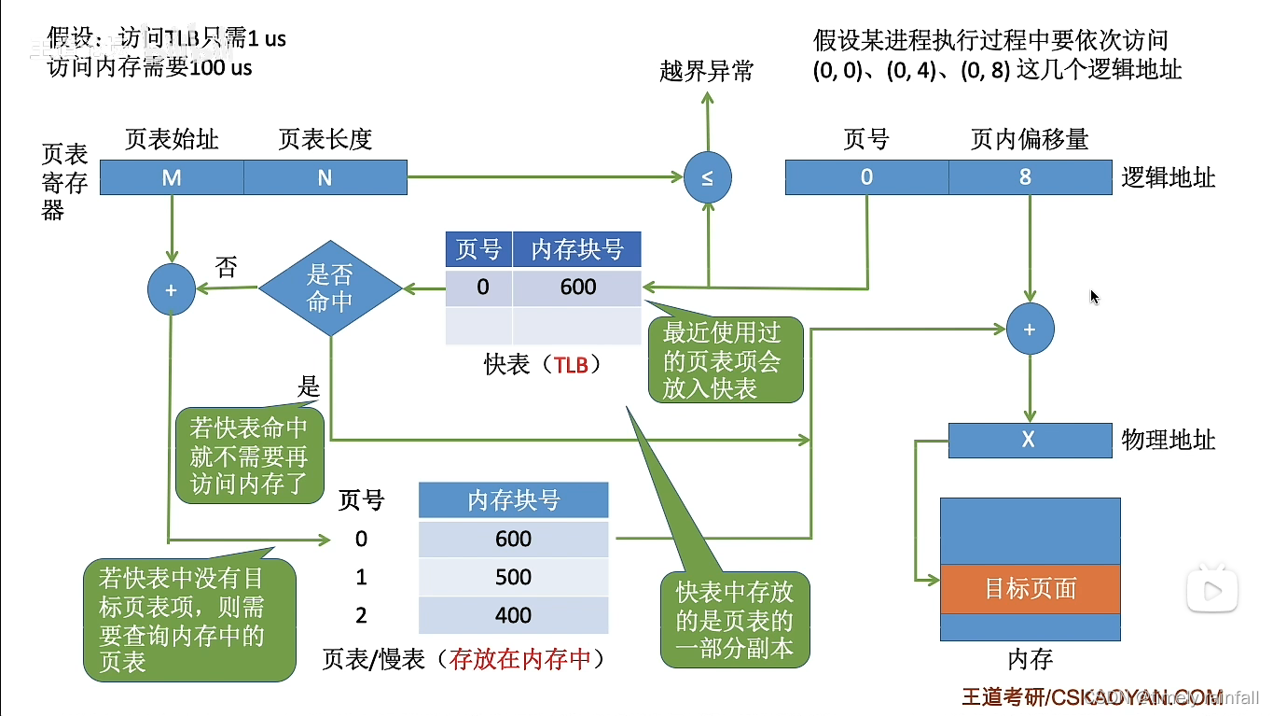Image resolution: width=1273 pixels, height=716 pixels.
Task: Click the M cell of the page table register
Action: tap(172, 177)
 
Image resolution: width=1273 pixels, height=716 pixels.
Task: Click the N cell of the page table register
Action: tap(325, 177)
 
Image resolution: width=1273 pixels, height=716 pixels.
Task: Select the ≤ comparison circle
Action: tap(707, 178)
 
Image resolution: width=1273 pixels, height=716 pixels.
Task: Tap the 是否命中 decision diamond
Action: tap(330, 288)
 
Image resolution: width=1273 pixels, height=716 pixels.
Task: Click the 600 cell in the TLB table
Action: tap(577, 287)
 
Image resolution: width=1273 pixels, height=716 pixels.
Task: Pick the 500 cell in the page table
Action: tap(513, 577)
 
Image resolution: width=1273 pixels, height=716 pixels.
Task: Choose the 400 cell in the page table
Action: tap(513, 615)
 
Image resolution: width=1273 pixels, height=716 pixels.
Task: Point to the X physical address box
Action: tap(1030, 440)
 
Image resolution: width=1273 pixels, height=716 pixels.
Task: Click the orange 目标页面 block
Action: tap(1030, 588)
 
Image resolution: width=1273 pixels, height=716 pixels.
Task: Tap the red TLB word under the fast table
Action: tap(571, 365)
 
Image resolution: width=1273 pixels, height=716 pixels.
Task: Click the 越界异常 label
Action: tap(706, 72)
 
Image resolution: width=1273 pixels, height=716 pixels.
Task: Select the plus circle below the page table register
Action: tap(172, 289)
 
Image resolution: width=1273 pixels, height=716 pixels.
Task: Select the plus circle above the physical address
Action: tap(1030, 330)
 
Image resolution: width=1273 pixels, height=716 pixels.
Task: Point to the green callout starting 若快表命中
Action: tap(248, 456)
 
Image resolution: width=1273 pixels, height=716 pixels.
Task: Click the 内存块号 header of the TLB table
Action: tap(577, 250)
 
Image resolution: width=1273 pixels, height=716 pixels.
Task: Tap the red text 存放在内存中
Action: tap(520, 660)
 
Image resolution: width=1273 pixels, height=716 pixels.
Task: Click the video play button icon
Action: tap(1211, 589)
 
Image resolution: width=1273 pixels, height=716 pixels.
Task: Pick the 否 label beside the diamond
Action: tap(226, 268)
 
